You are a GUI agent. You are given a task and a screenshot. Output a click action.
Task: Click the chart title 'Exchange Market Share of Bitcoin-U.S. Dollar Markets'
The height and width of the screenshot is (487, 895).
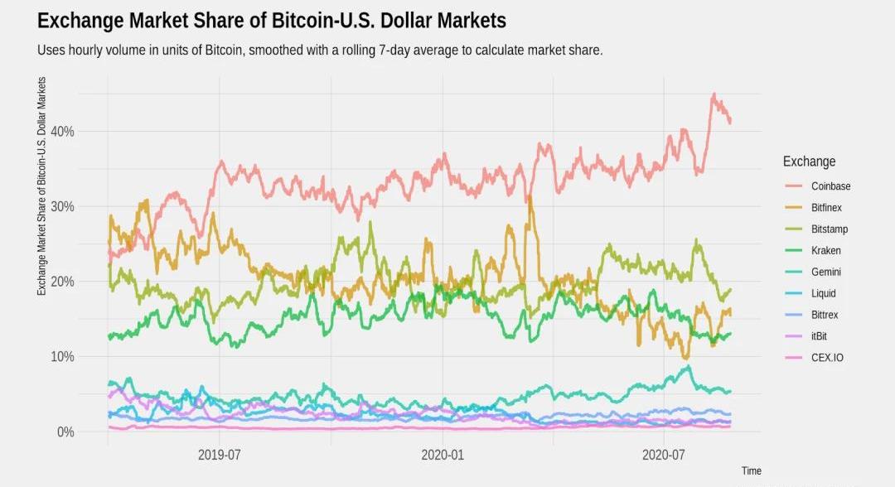[x=272, y=21]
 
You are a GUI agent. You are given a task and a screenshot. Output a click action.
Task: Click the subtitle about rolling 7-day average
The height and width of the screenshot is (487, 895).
[x=320, y=51]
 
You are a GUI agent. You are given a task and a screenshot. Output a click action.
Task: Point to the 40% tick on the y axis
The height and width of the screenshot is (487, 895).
[x=63, y=132]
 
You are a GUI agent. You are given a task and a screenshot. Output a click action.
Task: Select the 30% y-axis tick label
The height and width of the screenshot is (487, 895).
[x=63, y=206]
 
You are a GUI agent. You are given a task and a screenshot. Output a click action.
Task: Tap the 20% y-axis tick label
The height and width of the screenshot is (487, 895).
[x=63, y=282]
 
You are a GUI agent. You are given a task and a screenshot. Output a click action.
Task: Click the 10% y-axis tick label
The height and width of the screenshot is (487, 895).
[x=63, y=357]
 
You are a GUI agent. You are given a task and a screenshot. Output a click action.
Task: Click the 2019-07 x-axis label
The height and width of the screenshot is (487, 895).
[x=219, y=454]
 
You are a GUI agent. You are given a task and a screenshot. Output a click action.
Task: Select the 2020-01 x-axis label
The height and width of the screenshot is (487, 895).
[x=443, y=454]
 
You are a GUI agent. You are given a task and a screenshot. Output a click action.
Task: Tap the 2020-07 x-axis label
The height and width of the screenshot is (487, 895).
[x=665, y=454]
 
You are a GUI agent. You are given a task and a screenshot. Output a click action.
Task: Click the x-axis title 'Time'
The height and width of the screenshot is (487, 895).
[x=751, y=470]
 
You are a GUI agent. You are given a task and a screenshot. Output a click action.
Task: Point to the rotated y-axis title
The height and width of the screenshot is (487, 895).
[x=41, y=186]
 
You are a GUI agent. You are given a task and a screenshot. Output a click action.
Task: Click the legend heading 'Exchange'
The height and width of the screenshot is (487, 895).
[x=809, y=162]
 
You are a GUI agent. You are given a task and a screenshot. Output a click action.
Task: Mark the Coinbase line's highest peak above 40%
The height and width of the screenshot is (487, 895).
[x=714, y=95]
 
